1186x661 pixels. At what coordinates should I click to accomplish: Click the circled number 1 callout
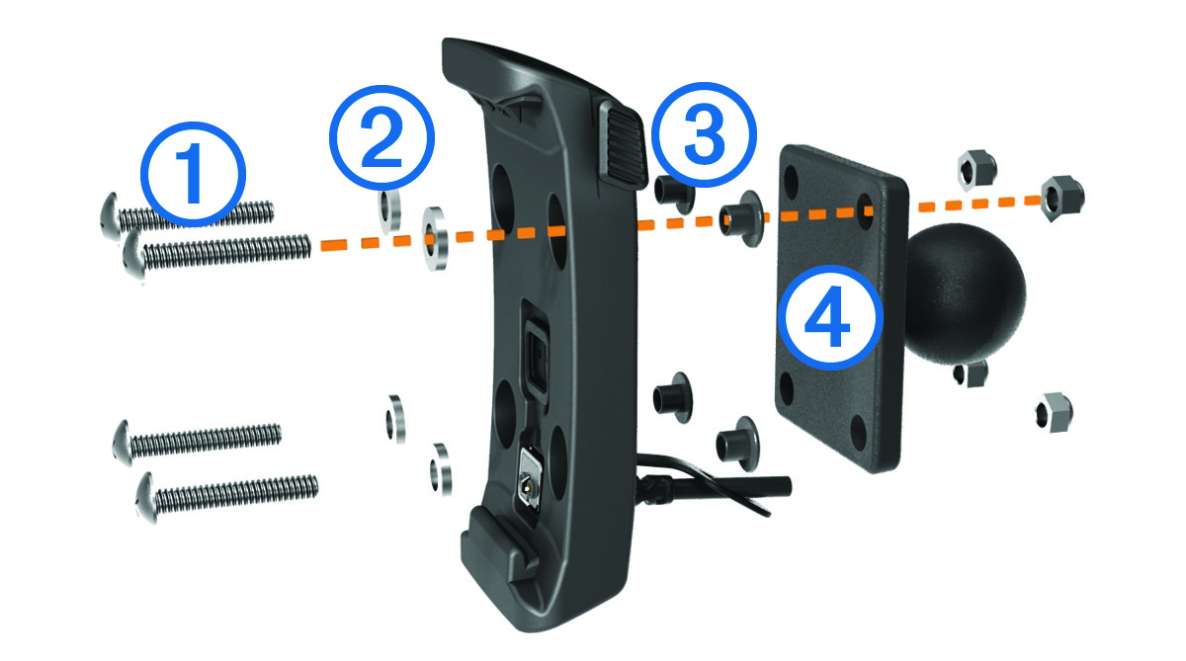194,175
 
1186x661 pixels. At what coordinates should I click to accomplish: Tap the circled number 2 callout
381,137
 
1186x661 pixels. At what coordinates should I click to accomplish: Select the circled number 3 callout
704,135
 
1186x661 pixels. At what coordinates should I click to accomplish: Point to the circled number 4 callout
829,317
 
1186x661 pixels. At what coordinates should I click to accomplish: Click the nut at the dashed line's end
1062,199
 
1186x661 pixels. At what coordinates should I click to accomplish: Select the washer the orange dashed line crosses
434,238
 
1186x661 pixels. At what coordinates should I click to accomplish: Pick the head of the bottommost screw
146,497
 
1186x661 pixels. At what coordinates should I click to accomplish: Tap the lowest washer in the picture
441,469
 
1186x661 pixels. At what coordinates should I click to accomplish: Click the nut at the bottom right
1054,412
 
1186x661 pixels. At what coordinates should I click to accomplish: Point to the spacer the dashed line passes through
741,218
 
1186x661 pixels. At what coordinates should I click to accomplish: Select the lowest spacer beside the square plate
738,444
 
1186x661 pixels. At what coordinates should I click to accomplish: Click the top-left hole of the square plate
792,183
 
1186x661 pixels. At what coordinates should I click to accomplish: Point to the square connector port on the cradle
538,355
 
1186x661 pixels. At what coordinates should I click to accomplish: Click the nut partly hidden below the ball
971,373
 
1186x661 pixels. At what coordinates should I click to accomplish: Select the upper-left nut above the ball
977,170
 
